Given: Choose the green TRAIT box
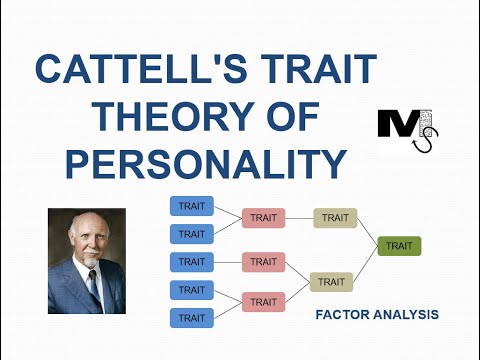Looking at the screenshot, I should click(x=400, y=246).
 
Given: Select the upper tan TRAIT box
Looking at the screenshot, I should click(x=335, y=218).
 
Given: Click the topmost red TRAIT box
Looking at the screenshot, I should click(x=263, y=218).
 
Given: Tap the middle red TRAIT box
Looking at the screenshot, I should click(x=263, y=262).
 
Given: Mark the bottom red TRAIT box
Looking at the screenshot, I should click(x=263, y=302).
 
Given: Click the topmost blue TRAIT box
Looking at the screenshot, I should click(x=191, y=207).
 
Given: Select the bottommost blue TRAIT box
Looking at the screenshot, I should click(x=191, y=318).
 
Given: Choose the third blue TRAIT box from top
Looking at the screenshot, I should click(x=191, y=262).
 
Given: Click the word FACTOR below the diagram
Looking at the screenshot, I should click(x=342, y=315).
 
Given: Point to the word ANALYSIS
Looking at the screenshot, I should click(x=406, y=315).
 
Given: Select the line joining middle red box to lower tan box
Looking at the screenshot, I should click(x=298, y=272).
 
